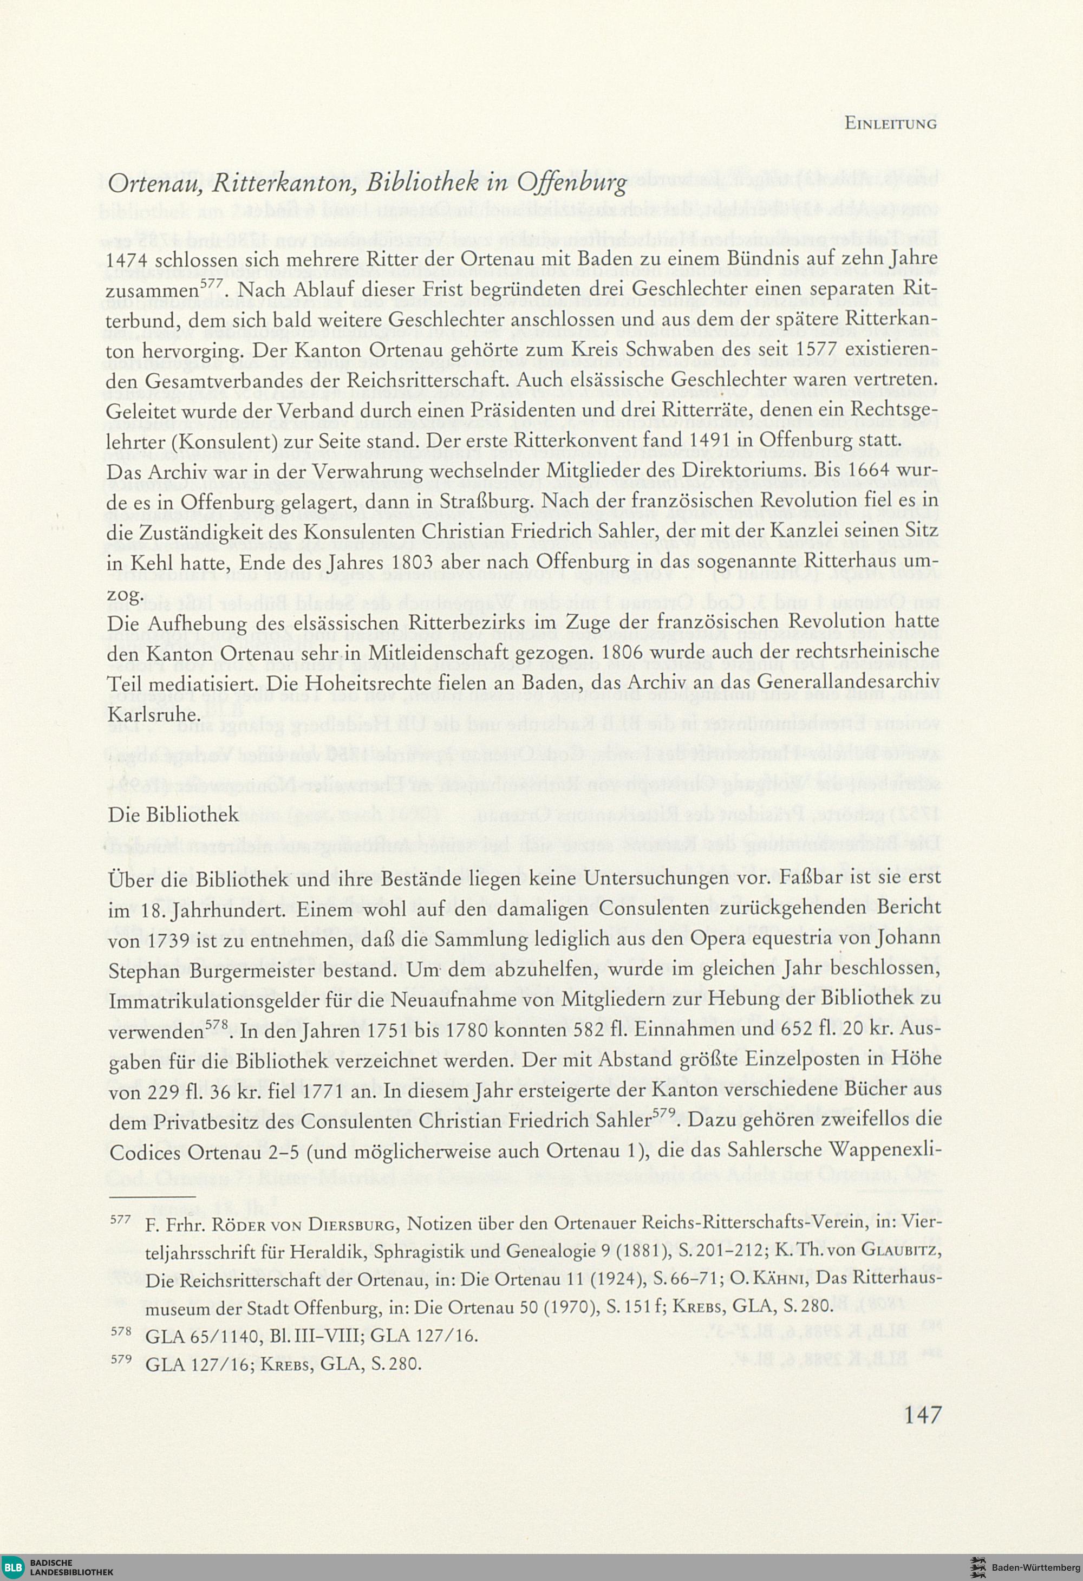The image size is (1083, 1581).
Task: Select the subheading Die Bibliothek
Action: tap(173, 815)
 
